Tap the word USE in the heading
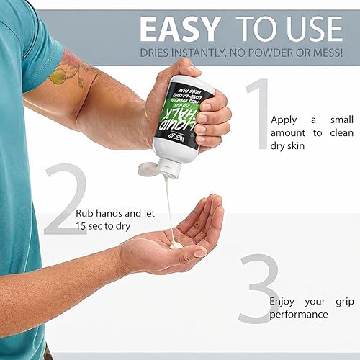tap(312, 29)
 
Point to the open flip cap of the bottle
tap(148, 168)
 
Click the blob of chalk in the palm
tap(175, 246)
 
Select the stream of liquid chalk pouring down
tap(168, 209)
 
